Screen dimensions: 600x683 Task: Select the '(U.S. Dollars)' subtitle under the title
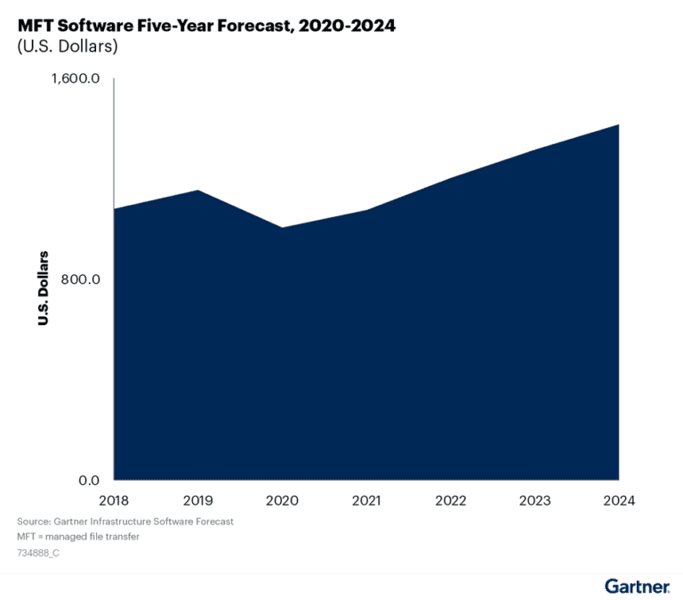click(x=68, y=47)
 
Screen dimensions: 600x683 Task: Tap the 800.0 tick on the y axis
click(x=79, y=280)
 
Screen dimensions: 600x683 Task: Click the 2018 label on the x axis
click(x=114, y=500)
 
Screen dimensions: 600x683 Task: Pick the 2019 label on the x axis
click(x=197, y=500)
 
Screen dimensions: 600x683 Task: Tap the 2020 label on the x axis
click(x=282, y=500)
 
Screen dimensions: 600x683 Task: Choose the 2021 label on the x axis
click(x=366, y=500)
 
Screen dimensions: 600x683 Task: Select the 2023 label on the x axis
click(x=534, y=500)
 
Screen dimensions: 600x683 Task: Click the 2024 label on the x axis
click(x=618, y=500)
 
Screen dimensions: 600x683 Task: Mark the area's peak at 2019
click(x=197, y=191)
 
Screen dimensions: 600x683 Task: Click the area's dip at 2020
click(x=282, y=228)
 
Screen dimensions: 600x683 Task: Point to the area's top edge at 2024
click(x=618, y=126)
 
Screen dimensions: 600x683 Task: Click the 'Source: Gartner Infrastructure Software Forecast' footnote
click(x=125, y=521)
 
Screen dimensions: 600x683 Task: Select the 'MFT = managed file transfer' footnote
click(x=78, y=537)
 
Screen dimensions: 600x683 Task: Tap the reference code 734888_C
click(x=38, y=553)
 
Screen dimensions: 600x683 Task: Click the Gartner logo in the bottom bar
click(x=637, y=586)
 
